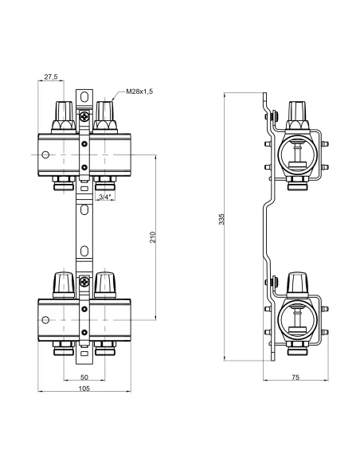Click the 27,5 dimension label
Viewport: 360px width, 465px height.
click(x=51, y=76)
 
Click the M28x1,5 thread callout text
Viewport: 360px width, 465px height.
click(x=139, y=92)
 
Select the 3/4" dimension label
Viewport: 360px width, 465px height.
click(x=105, y=197)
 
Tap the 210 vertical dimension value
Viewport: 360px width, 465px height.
click(x=152, y=237)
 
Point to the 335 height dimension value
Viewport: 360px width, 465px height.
click(x=221, y=219)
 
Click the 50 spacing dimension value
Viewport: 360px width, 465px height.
click(x=84, y=377)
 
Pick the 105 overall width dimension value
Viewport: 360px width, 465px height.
click(x=84, y=389)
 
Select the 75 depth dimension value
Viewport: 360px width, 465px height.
click(x=295, y=377)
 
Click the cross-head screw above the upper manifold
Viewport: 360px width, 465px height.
click(x=84, y=116)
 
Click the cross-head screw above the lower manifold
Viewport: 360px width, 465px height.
click(x=84, y=281)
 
